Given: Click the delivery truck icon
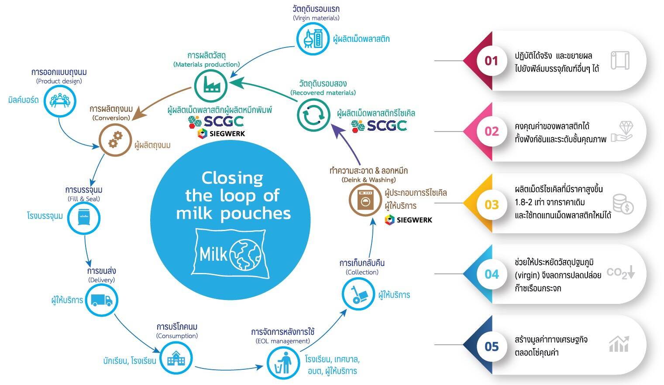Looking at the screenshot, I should point(101,300).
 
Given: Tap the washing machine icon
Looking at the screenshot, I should point(365,200).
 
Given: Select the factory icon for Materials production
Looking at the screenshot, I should point(211,85).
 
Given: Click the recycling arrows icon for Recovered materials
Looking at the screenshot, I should point(313,115).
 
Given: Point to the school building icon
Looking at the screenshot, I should point(176,358).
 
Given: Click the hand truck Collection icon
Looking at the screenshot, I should point(358,294).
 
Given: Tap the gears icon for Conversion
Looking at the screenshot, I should point(115,140).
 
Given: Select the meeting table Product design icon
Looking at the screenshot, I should point(59,101).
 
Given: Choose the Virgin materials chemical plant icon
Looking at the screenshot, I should point(313,38).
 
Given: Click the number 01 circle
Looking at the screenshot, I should point(491,61).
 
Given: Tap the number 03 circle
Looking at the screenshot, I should point(491,204).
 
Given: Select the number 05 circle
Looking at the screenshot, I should point(491,346).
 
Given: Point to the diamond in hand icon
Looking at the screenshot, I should point(622,131).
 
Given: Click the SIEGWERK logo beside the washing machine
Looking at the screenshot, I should point(409,220).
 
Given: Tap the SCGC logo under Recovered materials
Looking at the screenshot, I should point(379,126).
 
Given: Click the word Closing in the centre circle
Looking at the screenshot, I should point(232,178).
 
